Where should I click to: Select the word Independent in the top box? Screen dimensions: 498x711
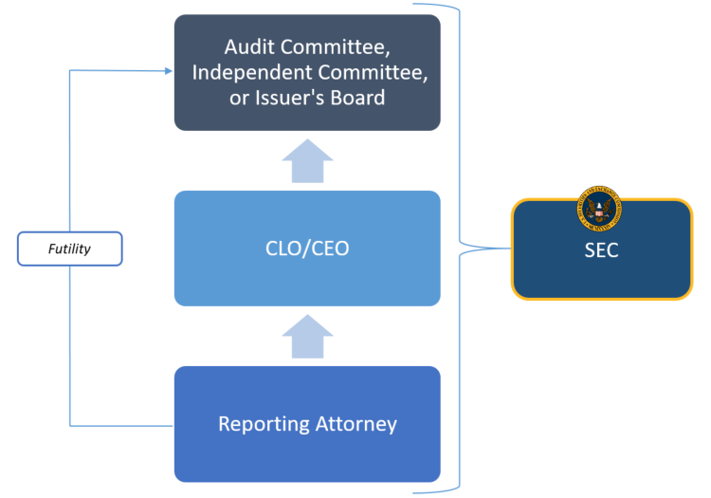click(250, 73)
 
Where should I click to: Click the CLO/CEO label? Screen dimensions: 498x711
click(307, 249)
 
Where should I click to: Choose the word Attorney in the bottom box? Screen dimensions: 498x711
click(356, 424)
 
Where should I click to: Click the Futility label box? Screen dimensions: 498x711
click(70, 249)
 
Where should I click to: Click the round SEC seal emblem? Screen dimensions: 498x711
click(599, 208)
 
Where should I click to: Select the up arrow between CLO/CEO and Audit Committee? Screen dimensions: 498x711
click(307, 160)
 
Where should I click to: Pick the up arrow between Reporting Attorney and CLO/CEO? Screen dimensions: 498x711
click(307, 337)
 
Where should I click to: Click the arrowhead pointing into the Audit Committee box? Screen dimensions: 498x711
click(168, 70)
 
